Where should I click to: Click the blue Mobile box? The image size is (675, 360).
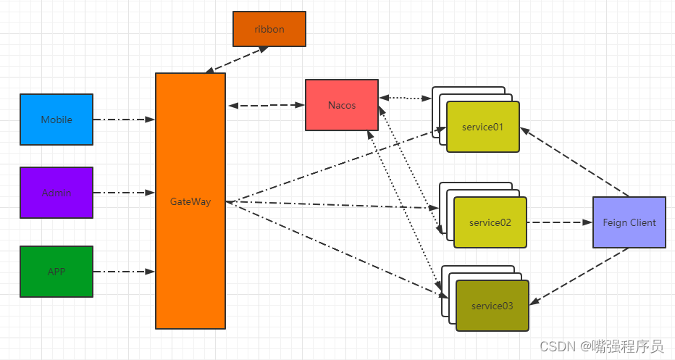(56, 120)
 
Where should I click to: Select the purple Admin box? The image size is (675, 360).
(56, 193)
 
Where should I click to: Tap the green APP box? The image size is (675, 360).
(56, 272)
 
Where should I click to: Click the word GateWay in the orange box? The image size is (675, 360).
(190, 201)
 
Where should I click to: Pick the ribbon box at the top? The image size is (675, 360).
(269, 29)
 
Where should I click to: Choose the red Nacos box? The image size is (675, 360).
(341, 105)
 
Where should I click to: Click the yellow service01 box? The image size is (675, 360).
(482, 127)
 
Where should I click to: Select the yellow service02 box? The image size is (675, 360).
(490, 222)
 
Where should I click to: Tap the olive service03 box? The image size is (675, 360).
(492, 306)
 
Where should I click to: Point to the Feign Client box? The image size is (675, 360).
(629, 222)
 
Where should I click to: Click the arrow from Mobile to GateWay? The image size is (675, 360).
(124, 120)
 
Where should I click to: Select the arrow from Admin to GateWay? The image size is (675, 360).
(124, 193)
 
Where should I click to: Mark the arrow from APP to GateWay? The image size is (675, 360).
(124, 272)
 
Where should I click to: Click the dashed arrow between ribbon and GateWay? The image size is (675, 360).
(237, 60)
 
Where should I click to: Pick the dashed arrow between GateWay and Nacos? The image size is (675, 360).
(265, 106)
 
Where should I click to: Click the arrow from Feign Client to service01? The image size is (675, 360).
(574, 162)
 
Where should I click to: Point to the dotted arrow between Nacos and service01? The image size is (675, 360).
(405, 98)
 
